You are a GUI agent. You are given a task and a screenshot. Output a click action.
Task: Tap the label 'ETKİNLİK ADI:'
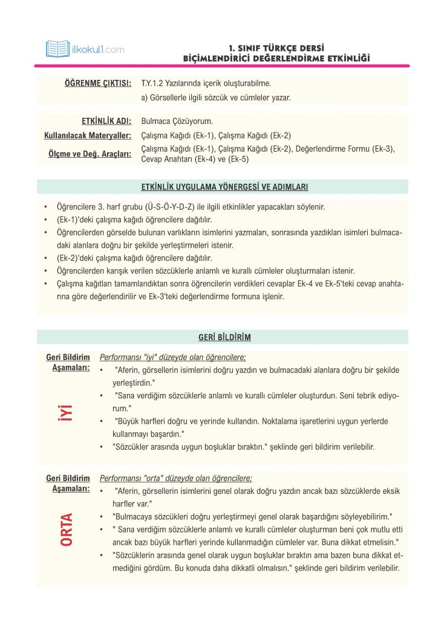click(x=106, y=121)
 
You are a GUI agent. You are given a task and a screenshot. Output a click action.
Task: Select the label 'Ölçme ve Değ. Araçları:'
click(x=90, y=154)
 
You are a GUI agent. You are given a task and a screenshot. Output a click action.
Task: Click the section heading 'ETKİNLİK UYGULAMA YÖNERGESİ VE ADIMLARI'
click(x=222, y=187)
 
